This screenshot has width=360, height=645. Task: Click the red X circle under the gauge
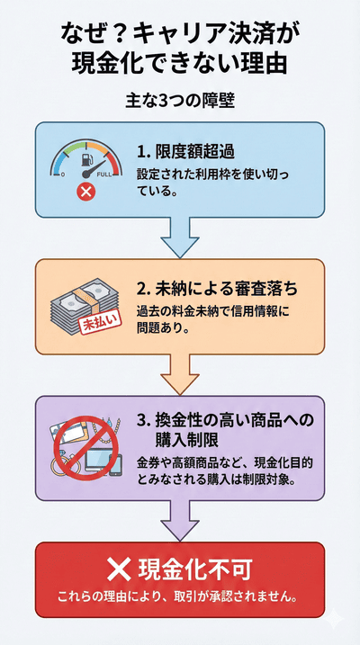pyautogui.click(x=86, y=191)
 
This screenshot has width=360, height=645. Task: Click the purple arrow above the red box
pyautogui.click(x=180, y=520)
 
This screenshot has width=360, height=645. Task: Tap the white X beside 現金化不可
pyautogui.click(x=120, y=569)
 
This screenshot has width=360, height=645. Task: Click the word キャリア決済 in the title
pyautogui.click(x=203, y=34)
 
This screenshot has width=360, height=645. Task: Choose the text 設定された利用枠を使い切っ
pyautogui.click(x=220, y=174)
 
